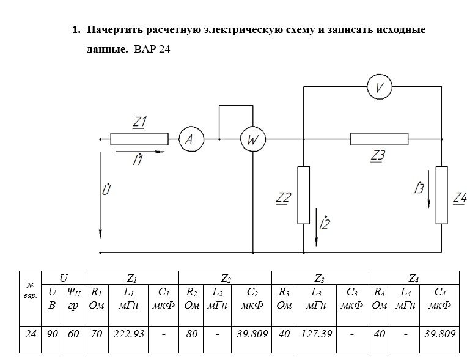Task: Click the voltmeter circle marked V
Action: (379, 87)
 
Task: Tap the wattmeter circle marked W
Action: (251, 140)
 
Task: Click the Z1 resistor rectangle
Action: (139, 139)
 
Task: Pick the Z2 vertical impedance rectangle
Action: (303, 194)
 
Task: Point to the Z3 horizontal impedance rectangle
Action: (379, 139)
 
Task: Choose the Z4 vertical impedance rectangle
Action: (441, 194)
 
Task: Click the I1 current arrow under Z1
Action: (139, 152)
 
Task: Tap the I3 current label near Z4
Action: (419, 188)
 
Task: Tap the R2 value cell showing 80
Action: (191, 334)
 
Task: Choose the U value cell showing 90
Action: (52, 334)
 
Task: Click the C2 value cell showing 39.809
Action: (251, 334)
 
